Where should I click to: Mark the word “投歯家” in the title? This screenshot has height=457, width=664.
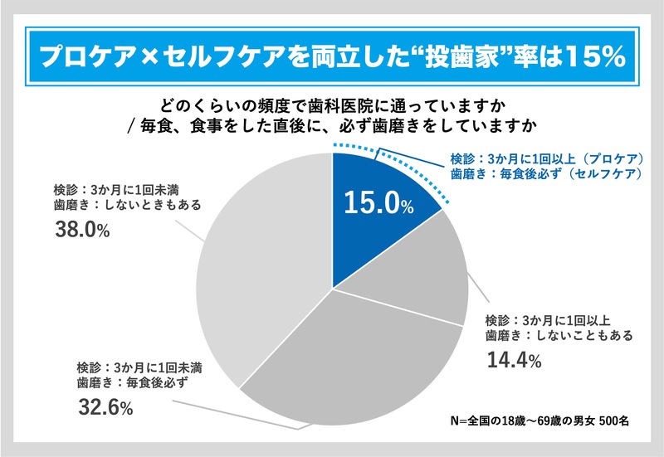tap(452, 56)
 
